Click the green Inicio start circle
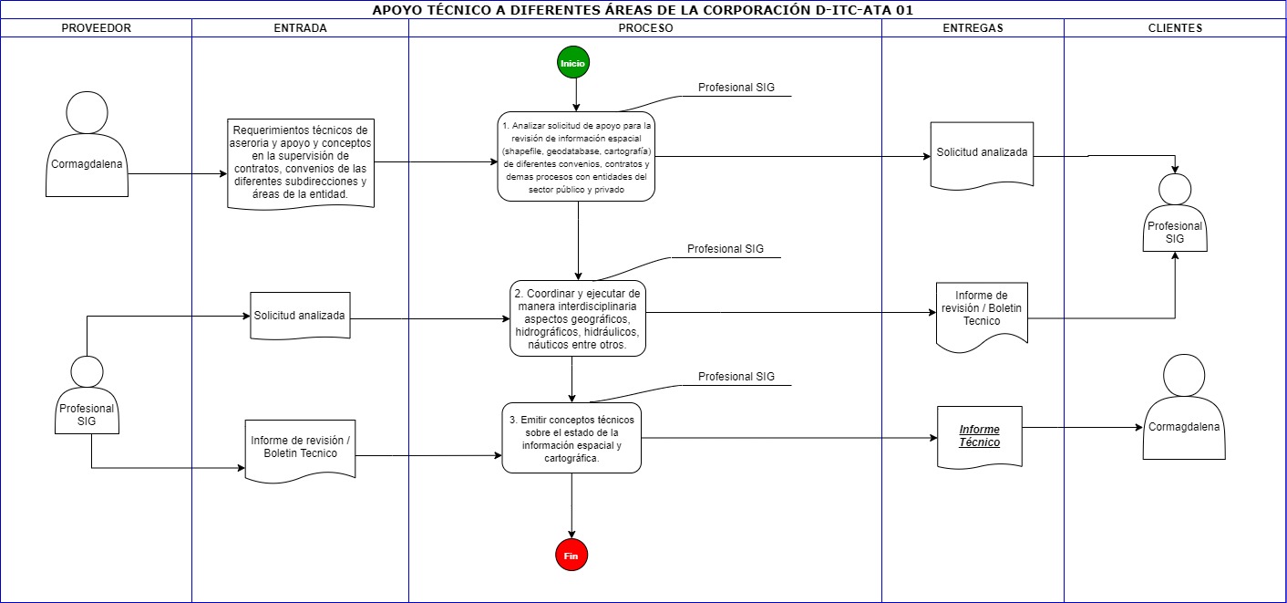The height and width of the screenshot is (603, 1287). click(x=572, y=63)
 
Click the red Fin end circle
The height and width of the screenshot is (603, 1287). click(x=571, y=556)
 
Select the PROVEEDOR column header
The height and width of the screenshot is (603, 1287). click(x=96, y=28)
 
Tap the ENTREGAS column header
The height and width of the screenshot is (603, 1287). click(x=973, y=28)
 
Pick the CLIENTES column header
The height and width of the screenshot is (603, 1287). click(x=1175, y=28)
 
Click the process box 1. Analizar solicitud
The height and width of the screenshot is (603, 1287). click(x=576, y=156)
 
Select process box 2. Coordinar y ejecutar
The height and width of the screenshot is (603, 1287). click(x=578, y=318)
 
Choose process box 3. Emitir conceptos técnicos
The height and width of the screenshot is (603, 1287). click(x=571, y=438)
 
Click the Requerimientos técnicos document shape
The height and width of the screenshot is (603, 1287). click(x=301, y=163)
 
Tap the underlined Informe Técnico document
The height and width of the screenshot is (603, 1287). click(x=980, y=438)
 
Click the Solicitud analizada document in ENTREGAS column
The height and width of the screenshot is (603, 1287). click(x=982, y=155)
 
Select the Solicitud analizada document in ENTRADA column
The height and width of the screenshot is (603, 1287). click(x=300, y=316)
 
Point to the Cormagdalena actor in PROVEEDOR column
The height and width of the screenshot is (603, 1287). click(x=87, y=144)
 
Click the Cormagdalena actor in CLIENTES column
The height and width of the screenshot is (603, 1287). click(x=1184, y=407)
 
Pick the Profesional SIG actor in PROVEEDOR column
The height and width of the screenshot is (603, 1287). click(x=87, y=395)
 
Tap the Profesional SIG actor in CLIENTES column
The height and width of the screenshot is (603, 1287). click(x=1175, y=213)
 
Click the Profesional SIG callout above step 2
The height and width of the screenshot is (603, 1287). click(x=726, y=249)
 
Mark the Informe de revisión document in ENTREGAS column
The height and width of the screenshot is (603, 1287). click(x=982, y=317)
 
